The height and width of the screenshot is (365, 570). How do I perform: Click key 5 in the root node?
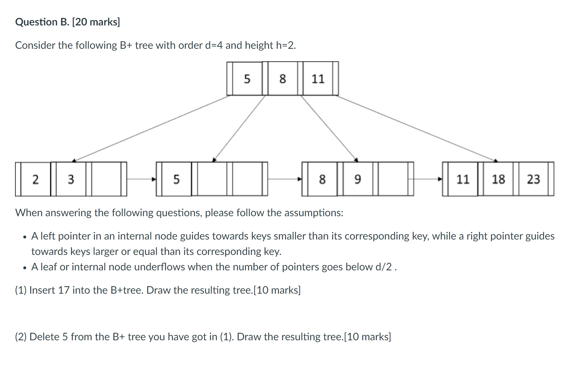point(247,79)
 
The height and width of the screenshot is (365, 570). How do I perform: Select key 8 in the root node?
point(282,79)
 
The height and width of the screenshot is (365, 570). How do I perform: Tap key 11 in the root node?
point(318,79)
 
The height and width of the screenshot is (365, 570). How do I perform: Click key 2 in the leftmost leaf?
point(35,179)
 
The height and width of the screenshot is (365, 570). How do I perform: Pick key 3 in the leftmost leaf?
point(71,179)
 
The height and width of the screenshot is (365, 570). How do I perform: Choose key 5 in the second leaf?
point(176,179)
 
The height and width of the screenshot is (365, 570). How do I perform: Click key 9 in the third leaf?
point(357,179)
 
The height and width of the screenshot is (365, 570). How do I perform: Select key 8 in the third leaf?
point(322,179)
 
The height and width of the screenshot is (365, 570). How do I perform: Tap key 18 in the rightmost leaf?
point(498,179)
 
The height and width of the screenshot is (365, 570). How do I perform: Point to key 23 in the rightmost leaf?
point(533,179)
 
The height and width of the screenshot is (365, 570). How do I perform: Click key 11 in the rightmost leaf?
point(463,179)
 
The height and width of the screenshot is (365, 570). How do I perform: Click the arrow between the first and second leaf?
point(141,179)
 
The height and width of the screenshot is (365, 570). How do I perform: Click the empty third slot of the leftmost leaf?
point(106,179)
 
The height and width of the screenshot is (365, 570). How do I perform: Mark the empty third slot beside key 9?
point(393,179)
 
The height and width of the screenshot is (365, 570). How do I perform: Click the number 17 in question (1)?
point(63,290)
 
